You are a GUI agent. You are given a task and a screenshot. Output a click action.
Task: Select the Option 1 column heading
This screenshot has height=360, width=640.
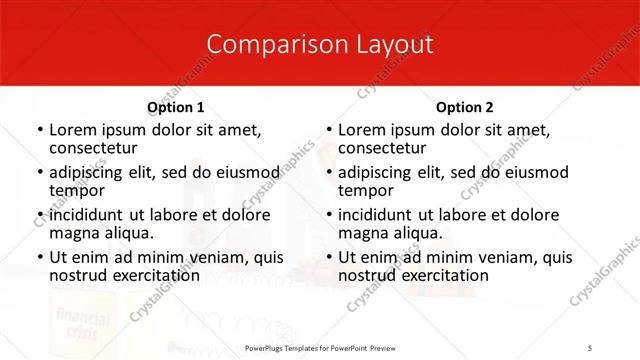point(176,107)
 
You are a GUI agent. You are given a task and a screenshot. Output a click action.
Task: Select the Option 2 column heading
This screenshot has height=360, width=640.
point(465,107)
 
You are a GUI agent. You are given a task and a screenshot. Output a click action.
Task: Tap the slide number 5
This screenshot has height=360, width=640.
point(590,347)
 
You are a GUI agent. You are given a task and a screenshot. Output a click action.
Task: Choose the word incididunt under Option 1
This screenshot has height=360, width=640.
point(87,215)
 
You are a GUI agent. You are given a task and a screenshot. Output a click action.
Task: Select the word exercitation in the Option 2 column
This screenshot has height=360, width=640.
point(444,275)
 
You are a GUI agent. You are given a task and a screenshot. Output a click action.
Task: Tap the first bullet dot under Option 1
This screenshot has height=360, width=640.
point(39,130)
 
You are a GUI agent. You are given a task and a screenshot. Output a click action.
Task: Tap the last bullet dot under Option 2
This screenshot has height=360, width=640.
point(328,257)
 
